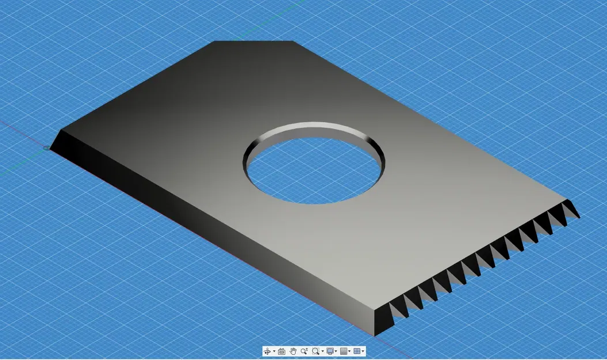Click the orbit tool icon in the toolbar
pos(267,351)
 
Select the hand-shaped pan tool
pos(293,351)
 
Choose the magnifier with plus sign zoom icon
pos(304,351)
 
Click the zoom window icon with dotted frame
pos(315,351)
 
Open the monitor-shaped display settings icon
pos(330,351)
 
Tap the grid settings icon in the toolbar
pos(344,351)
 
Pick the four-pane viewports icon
pos(357,351)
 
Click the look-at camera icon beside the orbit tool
pos(281,351)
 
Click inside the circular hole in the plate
pos(314,173)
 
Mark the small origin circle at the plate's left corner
pos(46,148)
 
